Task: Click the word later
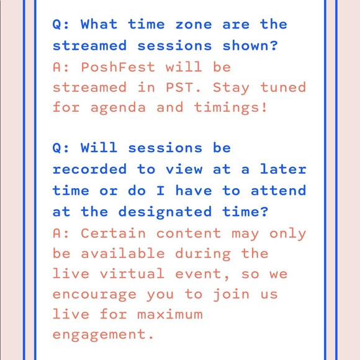(283, 169)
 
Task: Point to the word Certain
(114, 233)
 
